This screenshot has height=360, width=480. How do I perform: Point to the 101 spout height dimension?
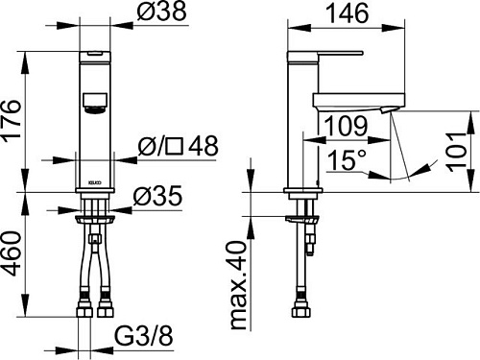tap(463, 147)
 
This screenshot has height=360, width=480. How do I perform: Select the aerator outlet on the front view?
tap(94, 100)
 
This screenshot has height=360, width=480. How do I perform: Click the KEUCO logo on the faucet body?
tap(94, 180)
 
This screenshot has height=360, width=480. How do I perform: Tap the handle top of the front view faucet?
tap(94, 52)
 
